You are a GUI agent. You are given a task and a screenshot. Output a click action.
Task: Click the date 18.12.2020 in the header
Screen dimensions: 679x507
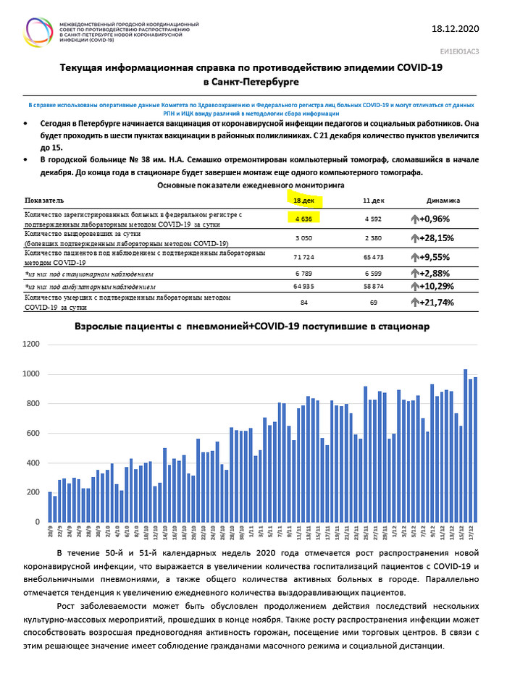455,29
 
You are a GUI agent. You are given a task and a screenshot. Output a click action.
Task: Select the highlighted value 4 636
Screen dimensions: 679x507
303,217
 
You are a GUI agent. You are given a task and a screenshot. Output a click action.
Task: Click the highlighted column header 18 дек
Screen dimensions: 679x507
303,200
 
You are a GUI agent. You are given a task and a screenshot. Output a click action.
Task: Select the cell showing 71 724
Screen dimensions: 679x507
303,256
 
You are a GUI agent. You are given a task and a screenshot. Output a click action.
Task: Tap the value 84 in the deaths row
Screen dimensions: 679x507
303,302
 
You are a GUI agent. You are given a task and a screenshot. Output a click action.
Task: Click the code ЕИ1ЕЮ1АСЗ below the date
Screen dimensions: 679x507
459,52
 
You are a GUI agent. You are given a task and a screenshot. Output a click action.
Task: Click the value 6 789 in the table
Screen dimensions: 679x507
303,274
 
